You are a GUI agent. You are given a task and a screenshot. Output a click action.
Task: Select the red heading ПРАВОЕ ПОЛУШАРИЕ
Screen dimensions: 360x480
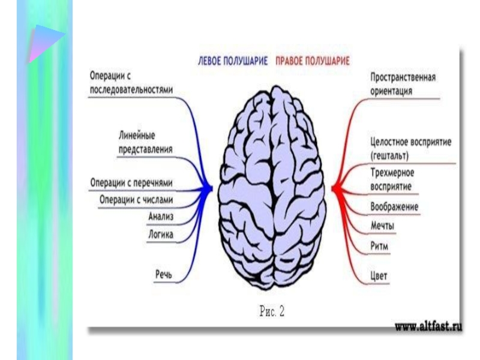313,61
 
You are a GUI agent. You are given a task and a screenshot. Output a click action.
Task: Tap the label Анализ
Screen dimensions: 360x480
160,215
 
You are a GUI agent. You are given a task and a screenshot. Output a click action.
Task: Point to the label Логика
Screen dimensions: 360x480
160,235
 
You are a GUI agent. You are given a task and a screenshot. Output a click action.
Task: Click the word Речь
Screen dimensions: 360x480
164,274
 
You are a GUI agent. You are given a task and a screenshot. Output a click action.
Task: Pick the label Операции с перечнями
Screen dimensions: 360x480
131,182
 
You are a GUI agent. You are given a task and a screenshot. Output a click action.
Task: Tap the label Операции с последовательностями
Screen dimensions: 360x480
131,83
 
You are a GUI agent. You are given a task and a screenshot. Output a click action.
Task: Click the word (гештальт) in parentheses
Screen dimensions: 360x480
390,155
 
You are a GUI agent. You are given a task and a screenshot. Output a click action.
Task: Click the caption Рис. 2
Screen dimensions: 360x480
271,311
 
